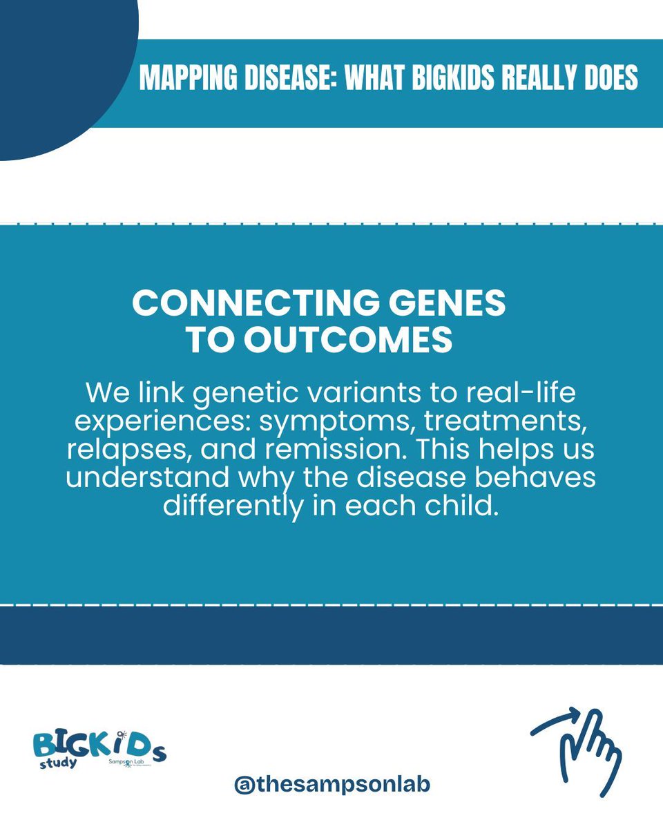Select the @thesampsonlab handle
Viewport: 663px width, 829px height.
click(332, 785)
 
